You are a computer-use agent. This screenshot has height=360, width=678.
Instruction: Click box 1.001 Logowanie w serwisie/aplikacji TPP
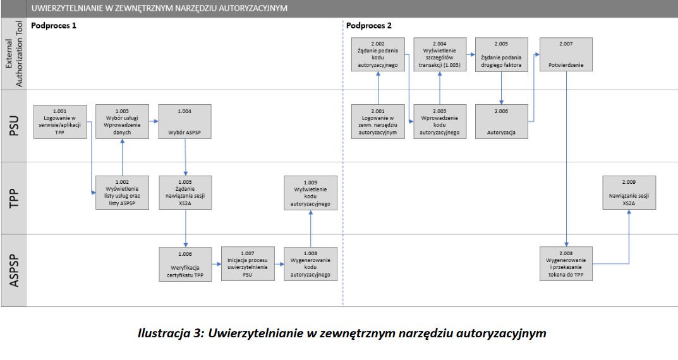pyautogui.click(x=60, y=121)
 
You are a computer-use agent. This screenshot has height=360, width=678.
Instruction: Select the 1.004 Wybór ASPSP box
pyautogui.click(x=185, y=121)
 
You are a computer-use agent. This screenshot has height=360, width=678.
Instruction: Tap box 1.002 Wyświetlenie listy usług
pyautogui.click(x=122, y=193)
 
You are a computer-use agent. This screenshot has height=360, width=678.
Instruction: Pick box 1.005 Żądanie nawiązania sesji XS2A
pyautogui.click(x=185, y=193)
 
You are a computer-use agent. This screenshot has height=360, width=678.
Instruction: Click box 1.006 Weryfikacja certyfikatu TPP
pyautogui.click(x=185, y=264)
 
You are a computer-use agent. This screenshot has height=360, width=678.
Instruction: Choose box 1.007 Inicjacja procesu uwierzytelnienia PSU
pyautogui.click(x=248, y=263)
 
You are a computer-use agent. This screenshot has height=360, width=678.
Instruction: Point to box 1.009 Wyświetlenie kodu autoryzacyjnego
pyautogui.click(x=310, y=193)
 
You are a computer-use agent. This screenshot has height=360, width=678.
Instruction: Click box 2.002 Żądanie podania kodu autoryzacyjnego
pyautogui.click(x=378, y=54)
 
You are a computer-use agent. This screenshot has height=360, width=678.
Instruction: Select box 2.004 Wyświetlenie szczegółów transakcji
pyautogui.click(x=440, y=54)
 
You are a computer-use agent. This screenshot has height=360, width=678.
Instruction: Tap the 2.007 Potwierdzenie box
pyautogui.click(x=566, y=54)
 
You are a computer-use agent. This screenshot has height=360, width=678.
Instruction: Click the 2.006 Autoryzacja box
pyautogui.click(x=502, y=121)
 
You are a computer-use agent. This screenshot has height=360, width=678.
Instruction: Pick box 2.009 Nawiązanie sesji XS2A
pyautogui.click(x=629, y=193)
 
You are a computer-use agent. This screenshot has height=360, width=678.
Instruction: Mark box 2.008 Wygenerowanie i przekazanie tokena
pyautogui.click(x=566, y=263)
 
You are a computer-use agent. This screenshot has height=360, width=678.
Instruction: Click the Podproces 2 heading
pyautogui.click(x=369, y=25)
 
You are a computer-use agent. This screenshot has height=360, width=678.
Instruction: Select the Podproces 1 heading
pyautogui.click(x=54, y=25)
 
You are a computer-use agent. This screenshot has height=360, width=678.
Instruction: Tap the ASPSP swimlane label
pyautogui.click(x=15, y=270)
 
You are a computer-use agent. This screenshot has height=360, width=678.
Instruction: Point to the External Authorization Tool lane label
pyautogui.click(x=14, y=54)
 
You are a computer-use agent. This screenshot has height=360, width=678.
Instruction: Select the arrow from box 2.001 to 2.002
pyautogui.click(x=378, y=88)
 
